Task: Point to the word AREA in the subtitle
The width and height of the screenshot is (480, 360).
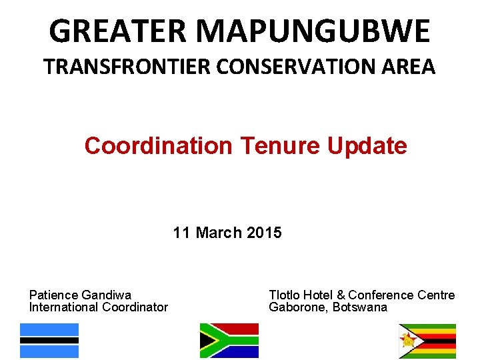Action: [x=409, y=67]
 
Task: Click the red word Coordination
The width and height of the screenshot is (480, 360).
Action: [x=157, y=145]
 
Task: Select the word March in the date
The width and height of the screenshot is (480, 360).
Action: [x=219, y=233]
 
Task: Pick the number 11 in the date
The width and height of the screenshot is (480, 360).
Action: [x=181, y=233]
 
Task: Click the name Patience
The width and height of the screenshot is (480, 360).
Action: [x=53, y=295]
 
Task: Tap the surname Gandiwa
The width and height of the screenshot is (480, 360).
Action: [x=107, y=295]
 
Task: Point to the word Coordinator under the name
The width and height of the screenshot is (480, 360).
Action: [x=135, y=307]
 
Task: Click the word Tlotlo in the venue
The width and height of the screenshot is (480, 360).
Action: [x=284, y=295]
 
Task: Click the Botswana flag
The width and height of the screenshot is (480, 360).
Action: [x=49, y=341]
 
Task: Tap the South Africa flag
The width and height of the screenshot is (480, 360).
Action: [x=229, y=341]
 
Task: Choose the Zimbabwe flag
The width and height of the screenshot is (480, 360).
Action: [x=427, y=341]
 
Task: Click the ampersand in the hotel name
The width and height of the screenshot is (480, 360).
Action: [x=341, y=295]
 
